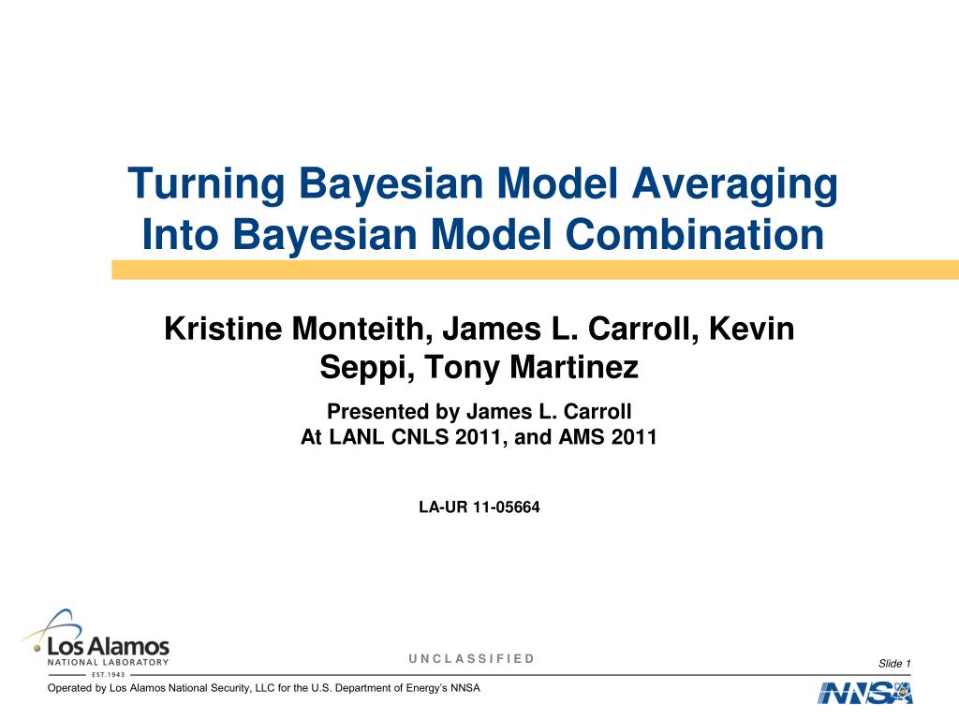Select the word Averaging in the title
point(734,183)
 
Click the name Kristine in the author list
point(221,330)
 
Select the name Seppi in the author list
point(361,368)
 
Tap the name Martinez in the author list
point(573,368)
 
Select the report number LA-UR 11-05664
point(479,507)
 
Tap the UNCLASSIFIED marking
point(471,658)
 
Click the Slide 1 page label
point(894,664)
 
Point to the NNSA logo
point(864,694)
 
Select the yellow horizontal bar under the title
point(535,270)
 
